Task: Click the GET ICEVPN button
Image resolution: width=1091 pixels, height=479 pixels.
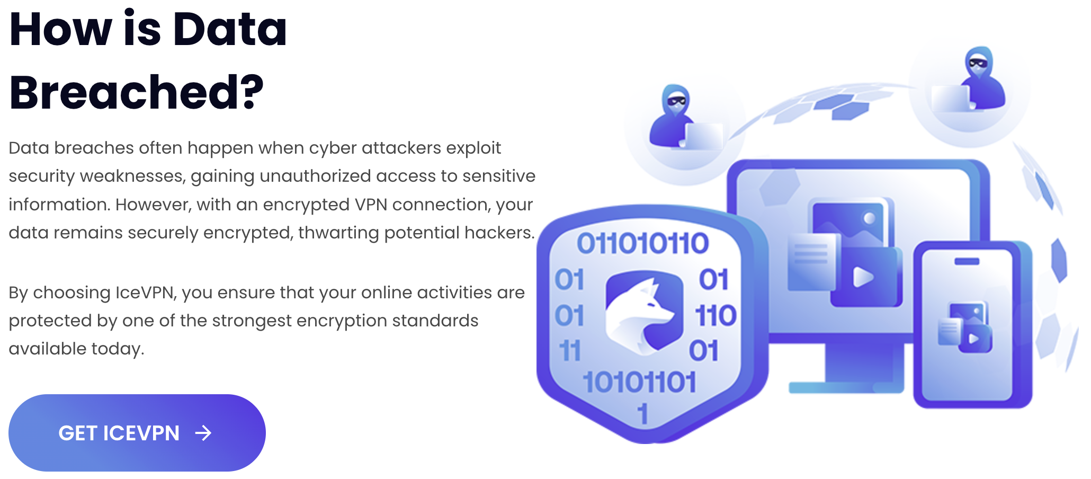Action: (137, 432)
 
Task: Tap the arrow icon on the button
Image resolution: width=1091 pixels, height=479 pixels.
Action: (203, 433)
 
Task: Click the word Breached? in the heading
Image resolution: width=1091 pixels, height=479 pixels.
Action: (136, 92)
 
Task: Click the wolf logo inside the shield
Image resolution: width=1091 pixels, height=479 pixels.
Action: (644, 313)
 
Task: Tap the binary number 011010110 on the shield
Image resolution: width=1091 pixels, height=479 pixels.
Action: (642, 244)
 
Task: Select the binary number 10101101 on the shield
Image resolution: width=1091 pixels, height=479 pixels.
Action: (639, 382)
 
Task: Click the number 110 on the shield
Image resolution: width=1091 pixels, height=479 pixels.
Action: (716, 315)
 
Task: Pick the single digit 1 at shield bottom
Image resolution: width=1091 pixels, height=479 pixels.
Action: (642, 414)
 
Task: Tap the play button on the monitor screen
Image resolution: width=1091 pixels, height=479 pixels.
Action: (863, 277)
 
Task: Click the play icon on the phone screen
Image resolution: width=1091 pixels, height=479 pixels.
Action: (973, 338)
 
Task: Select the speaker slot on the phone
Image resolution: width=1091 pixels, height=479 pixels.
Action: (967, 261)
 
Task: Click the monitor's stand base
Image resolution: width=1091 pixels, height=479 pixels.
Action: (846, 388)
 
